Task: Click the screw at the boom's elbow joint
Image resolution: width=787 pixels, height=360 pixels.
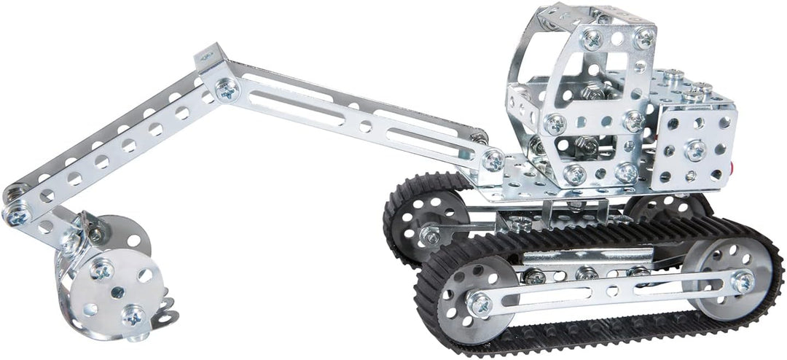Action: pos(227,90)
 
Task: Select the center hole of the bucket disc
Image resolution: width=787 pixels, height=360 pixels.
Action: pos(117,292)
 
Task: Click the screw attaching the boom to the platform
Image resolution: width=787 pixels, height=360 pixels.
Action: pos(493,159)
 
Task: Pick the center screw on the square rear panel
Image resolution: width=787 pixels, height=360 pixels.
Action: pos(695,150)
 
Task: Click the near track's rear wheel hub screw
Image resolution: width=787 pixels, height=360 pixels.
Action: pos(743,281)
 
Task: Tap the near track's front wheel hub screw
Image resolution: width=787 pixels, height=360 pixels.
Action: pos(478,303)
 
